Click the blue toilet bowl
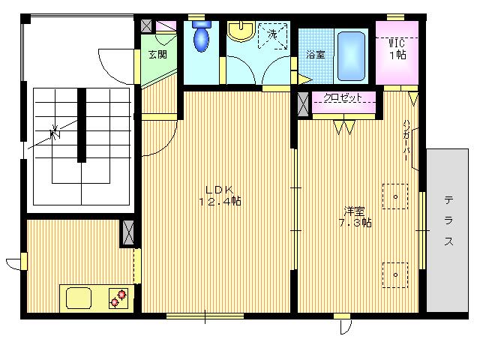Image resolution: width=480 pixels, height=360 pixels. tap(201, 39)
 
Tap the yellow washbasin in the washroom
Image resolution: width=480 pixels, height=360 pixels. tap(241, 31)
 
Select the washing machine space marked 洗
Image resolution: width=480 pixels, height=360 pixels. tap(273, 35)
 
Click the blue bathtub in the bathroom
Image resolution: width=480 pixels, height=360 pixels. tap(351, 56)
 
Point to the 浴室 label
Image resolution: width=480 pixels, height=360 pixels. tap(316, 55)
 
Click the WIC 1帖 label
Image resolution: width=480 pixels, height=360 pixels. tap(397, 49)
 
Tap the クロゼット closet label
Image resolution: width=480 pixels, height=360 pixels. tap(343, 97)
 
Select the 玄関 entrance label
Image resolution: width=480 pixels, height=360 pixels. tap(157, 55)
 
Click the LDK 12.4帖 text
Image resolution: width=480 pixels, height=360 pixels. tap(220, 196)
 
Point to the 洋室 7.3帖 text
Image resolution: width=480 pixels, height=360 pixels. tap(355, 217)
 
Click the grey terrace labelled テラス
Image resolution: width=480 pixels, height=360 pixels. tap(447, 230)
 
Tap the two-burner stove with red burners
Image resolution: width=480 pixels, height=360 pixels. tap(118, 298)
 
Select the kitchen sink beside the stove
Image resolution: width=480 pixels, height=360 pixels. tap(79, 298)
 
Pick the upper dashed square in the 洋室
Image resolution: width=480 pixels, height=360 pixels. tap(395, 196)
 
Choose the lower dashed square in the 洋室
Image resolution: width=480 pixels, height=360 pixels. tap(395, 275)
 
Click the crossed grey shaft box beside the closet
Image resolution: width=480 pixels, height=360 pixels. tap(303, 104)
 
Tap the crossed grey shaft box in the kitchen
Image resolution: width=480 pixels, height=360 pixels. tap(128, 233)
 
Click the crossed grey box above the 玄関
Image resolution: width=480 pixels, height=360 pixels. tap(146, 26)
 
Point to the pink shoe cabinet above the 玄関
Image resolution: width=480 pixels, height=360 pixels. tap(166, 25)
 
